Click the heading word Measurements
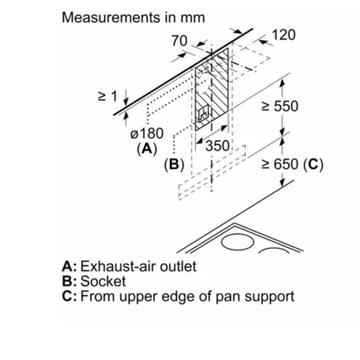pyautogui.click(x=111, y=17)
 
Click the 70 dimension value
pyautogui.click(x=179, y=41)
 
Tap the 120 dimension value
pyautogui.click(x=283, y=34)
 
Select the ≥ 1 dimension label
pyautogui.click(x=108, y=96)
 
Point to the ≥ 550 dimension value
pyautogui.click(x=280, y=106)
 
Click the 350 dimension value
pyautogui.click(x=218, y=146)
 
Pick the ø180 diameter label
pyautogui.click(x=147, y=133)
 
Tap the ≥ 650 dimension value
pyautogui.click(x=280, y=164)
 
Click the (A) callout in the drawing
pyautogui.click(x=147, y=149)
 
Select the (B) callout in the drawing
pyautogui.click(x=174, y=164)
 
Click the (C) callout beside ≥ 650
pyautogui.click(x=313, y=164)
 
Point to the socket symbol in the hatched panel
pyautogui.click(x=204, y=114)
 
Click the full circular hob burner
pyautogui.click(x=237, y=242)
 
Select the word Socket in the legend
pyautogui.click(x=103, y=281)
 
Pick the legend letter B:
pyautogui.click(x=70, y=281)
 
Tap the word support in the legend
pyautogui.click(x=270, y=297)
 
